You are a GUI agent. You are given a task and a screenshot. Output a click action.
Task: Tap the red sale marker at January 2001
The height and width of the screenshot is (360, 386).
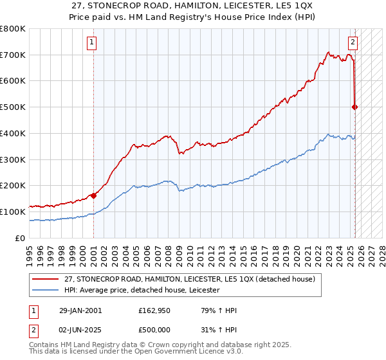93,195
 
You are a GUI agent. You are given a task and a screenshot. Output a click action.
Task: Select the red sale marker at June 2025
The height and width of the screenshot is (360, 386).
355,107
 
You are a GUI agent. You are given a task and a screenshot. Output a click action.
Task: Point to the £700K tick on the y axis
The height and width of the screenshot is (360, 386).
14,55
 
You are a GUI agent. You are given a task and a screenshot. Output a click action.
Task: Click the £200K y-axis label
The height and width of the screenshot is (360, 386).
14,185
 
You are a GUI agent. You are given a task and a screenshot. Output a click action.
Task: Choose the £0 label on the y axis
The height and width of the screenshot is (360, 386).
21,238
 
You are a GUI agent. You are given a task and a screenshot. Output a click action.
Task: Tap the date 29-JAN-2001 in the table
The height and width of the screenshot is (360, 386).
80,310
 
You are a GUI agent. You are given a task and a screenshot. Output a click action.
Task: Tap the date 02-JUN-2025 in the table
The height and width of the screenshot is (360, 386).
80,330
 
